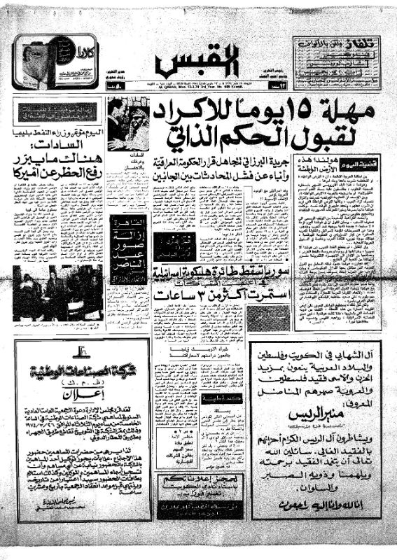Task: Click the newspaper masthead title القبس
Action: (198, 61)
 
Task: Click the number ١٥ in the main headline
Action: (306, 110)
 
